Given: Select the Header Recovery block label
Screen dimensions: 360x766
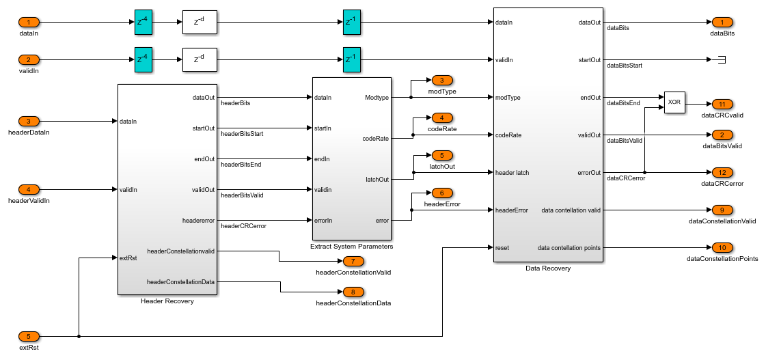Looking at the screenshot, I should [x=167, y=301].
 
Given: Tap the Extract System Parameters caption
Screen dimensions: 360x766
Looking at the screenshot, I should [x=351, y=246].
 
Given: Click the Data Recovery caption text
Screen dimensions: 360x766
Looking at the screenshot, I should [x=548, y=268].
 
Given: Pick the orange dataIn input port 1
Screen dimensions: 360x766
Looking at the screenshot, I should [x=29, y=23].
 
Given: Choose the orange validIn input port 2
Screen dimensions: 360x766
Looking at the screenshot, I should [x=29, y=59].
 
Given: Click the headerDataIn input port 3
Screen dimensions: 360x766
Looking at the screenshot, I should [x=29, y=122].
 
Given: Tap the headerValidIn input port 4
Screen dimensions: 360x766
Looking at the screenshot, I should [x=29, y=189].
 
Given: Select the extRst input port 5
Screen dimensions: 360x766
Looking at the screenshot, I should [x=29, y=336].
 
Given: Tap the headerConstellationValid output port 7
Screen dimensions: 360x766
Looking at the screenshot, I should [x=353, y=261].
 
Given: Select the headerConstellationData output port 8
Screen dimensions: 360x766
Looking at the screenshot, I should [x=353, y=292].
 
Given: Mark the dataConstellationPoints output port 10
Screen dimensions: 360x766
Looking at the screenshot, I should [x=722, y=247].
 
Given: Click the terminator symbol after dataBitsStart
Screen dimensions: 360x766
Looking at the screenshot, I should [x=720, y=59].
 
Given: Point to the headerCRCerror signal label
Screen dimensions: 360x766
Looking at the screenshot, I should [x=243, y=225].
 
